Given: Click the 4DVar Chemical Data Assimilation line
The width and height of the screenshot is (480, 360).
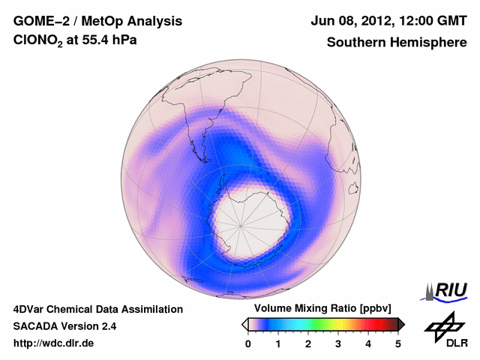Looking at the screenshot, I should pyautogui.click(x=98, y=309).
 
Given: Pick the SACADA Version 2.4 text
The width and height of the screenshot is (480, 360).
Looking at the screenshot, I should pyautogui.click(x=64, y=326).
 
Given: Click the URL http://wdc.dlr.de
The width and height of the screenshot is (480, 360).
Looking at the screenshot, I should pyautogui.click(x=54, y=343).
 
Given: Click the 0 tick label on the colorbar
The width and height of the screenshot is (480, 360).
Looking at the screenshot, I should pyautogui.click(x=248, y=343).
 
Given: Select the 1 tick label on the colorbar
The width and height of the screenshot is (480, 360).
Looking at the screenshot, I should pyautogui.click(x=278, y=343).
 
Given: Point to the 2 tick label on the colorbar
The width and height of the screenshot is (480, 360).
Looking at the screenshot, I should pyautogui.click(x=308, y=343).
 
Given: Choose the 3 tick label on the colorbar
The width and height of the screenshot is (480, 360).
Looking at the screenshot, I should pyautogui.click(x=338, y=343).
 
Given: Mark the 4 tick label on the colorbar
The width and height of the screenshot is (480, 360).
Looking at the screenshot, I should pyautogui.click(x=368, y=343).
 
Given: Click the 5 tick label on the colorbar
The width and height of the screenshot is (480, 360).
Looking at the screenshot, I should pyautogui.click(x=398, y=343).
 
